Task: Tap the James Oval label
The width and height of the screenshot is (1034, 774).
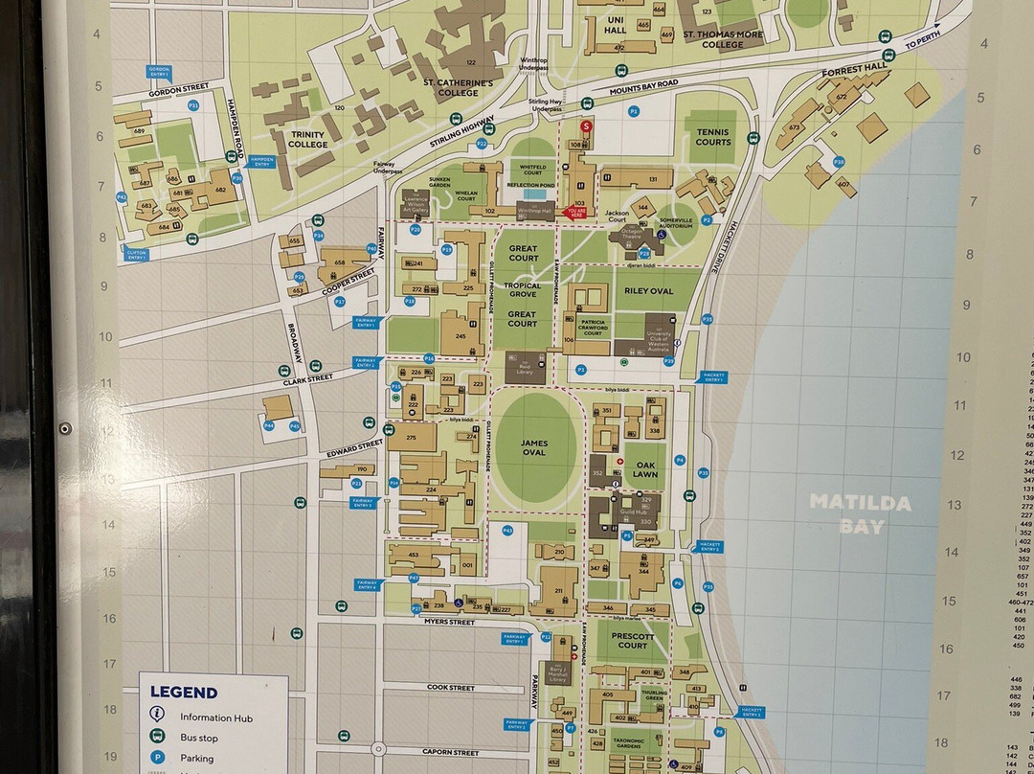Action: (533, 446)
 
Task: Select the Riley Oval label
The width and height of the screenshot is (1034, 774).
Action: (649, 290)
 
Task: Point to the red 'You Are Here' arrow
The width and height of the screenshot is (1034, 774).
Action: (576, 212)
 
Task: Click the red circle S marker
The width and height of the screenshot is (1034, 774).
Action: (588, 125)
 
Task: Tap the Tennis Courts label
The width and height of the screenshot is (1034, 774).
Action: (713, 137)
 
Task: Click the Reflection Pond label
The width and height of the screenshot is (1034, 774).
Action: (530, 185)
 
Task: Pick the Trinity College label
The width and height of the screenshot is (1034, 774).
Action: (308, 140)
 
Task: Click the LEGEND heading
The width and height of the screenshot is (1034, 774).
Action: (184, 692)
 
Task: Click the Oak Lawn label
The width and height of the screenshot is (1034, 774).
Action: (646, 468)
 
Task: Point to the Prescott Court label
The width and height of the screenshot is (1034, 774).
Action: (633, 640)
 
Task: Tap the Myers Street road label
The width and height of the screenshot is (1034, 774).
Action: (450, 622)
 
